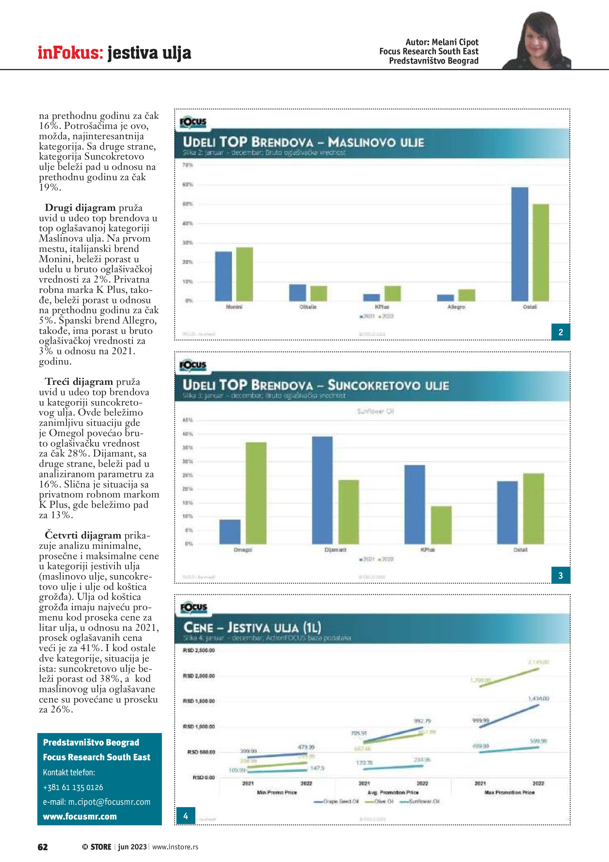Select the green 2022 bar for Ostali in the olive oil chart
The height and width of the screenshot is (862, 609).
[540, 252]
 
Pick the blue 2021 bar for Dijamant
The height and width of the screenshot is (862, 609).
[322, 490]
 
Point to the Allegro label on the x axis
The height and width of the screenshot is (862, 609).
[456, 307]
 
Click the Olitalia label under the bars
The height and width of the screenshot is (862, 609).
[308, 307]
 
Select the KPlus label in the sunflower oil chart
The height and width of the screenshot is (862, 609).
[428, 550]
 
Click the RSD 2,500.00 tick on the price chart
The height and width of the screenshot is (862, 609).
[199, 650]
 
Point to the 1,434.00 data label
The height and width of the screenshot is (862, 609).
[539, 698]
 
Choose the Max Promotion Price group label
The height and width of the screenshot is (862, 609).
[509, 792]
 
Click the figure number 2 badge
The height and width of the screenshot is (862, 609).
[561, 332]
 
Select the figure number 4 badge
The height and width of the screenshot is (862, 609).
[186, 815]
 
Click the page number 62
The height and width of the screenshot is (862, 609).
[43, 847]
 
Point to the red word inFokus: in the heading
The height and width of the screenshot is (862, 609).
[70, 52]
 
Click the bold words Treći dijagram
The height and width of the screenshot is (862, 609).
[79, 382]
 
